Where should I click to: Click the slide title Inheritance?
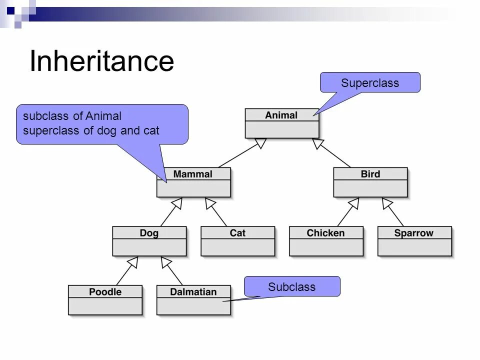click(101, 61)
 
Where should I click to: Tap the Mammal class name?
click(193, 174)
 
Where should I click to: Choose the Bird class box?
click(370, 182)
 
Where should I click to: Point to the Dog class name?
click(149, 233)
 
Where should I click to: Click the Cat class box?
click(237, 241)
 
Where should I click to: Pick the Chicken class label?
click(325, 233)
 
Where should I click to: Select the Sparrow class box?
click(414, 241)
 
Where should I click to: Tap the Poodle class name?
click(105, 292)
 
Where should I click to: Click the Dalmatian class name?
click(193, 292)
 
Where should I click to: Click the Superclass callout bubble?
click(370, 82)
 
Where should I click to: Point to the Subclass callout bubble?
click(292, 286)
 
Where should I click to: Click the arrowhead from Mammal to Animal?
click(260, 143)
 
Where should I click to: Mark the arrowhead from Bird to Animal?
click(318, 143)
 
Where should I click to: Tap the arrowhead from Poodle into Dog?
click(132, 261)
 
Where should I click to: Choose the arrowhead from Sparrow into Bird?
click(387, 202)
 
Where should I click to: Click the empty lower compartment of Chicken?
click(326, 247)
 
